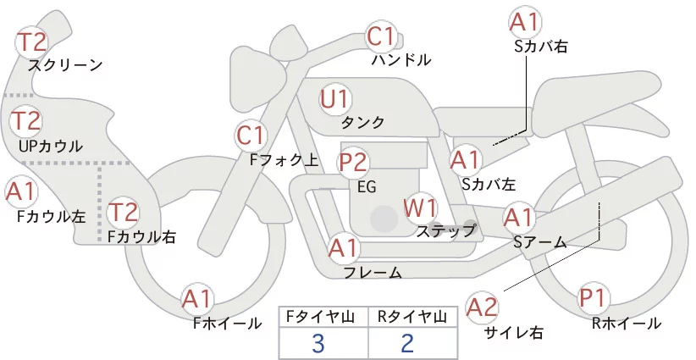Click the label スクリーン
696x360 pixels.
point(65,65)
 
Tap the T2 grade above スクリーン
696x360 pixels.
point(33,42)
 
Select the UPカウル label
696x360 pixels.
point(51,146)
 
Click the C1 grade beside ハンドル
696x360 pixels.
point(382,36)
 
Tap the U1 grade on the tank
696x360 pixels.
point(335,98)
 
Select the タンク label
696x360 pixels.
point(362,123)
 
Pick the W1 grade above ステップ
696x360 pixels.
point(420,207)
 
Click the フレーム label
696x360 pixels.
point(373,272)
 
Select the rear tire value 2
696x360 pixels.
point(407,343)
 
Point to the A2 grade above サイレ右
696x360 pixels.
point(483,307)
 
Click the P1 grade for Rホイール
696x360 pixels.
point(594,298)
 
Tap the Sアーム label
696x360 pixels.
point(539,242)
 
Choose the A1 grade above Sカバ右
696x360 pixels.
point(524,22)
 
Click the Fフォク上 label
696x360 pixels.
point(284,158)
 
